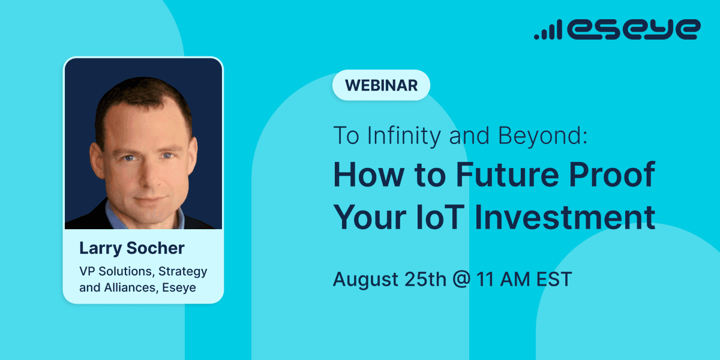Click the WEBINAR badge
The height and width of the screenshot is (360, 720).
tap(381, 85)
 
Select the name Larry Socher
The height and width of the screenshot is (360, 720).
tap(132, 248)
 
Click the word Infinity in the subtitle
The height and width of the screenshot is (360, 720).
tap(406, 136)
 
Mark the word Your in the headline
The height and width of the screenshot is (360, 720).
tap(368, 217)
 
